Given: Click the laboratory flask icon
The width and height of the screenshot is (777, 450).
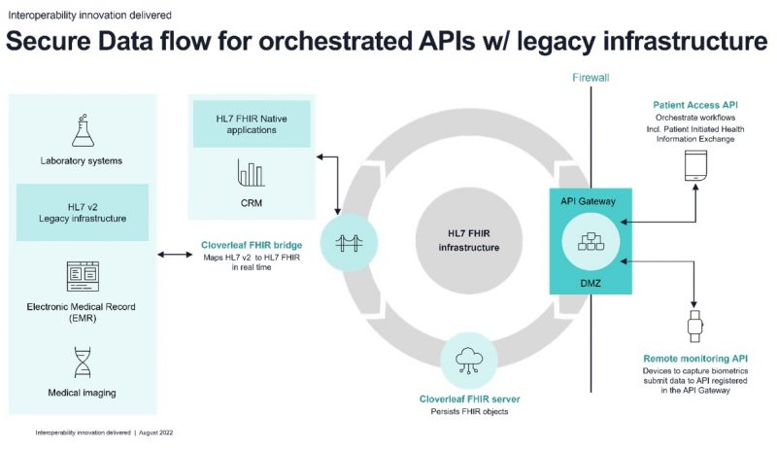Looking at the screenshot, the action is coord(83,130).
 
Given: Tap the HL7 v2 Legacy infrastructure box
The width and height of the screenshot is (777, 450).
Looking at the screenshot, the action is coord(83,212).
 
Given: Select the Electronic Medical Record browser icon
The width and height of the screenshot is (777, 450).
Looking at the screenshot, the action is coord(83,276).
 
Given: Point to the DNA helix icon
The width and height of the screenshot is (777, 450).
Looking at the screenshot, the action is coord(83,363).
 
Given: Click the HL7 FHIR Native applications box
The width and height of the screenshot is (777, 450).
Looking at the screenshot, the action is coord(252,124).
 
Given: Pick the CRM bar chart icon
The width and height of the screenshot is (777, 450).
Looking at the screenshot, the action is coord(252,173).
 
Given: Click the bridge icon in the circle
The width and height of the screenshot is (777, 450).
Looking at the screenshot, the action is coord(349,243).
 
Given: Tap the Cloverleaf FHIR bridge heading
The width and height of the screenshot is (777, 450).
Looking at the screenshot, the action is coord(252,245).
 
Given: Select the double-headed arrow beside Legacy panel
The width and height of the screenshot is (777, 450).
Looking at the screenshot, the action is coord(175,255).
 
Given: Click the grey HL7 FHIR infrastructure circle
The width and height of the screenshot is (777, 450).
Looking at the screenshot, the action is coord(469,241).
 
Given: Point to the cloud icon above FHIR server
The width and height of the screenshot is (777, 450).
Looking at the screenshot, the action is coord(469,361).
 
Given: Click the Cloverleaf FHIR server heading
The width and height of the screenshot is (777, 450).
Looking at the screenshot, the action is coord(469,398).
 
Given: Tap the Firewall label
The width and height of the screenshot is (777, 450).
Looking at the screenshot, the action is coord(591,78).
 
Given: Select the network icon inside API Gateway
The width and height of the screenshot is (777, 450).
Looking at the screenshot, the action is coord(591,242).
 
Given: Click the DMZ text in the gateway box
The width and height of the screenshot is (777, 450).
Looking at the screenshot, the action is coord(591,283).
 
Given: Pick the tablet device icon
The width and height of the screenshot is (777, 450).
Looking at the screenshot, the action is coord(695,165).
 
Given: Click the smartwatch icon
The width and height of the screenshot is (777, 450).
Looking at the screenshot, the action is coord(695,326).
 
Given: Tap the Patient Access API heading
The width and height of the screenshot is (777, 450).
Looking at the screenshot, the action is coord(695,105).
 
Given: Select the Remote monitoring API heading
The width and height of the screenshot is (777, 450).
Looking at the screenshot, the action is coord(695,359).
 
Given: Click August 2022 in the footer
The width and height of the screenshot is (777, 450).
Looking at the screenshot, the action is coord(156,433).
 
